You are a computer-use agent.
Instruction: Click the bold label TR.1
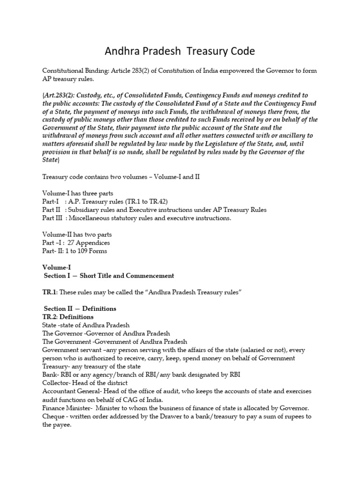(x=49, y=292)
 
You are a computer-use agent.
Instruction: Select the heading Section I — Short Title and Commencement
(x=109, y=276)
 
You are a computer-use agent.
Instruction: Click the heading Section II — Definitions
(x=80, y=308)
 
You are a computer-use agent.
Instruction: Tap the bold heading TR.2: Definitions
(x=68, y=317)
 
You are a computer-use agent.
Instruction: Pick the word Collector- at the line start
(x=58, y=382)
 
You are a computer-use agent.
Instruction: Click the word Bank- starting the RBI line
(x=51, y=375)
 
